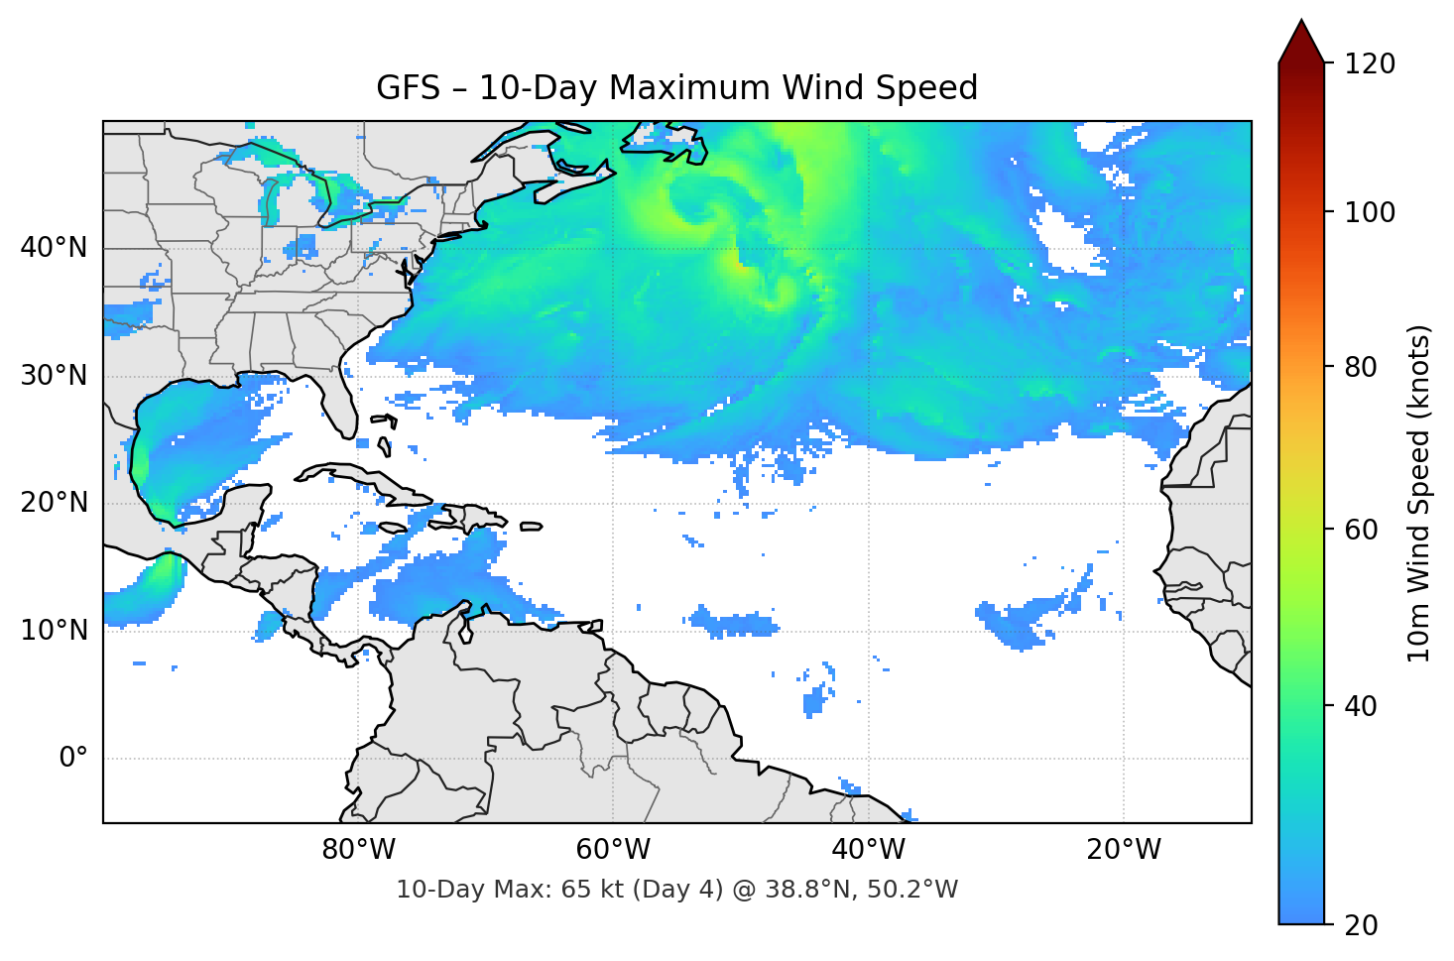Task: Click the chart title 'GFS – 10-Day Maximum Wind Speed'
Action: click(x=676, y=88)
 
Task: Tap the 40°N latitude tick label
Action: click(x=54, y=248)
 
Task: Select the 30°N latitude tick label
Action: click(x=54, y=376)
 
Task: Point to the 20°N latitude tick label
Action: click(x=54, y=503)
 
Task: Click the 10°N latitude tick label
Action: click(x=54, y=631)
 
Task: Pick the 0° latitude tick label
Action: click(x=73, y=759)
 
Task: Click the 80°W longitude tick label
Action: click(x=358, y=850)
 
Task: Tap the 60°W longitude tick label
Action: click(x=613, y=850)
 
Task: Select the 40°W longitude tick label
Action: click(x=868, y=850)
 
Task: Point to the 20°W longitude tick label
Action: click(x=1123, y=850)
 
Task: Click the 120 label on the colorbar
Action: click(x=1370, y=64)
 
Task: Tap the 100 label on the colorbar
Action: click(x=1370, y=212)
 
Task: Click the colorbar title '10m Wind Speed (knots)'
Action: click(x=1419, y=493)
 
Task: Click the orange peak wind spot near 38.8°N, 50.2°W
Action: click(x=738, y=263)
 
